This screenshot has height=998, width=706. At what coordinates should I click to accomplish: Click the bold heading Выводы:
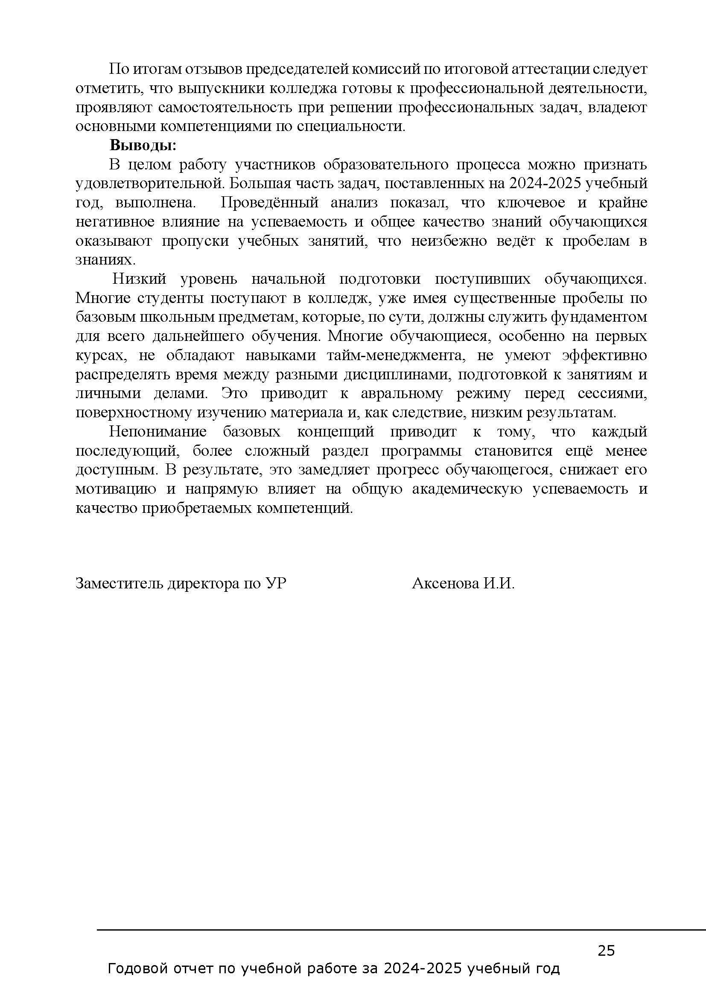tap(143, 145)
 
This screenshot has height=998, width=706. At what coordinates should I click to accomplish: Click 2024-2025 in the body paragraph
tap(546, 183)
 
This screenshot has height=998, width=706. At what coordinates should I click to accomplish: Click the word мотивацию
tap(116, 489)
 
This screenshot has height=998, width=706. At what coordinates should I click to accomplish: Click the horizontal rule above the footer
tap(400, 930)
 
